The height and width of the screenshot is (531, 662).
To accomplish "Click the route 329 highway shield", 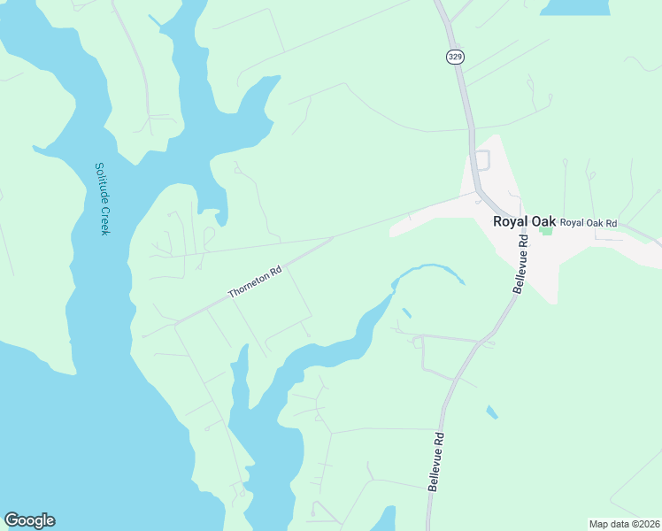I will click(455, 57).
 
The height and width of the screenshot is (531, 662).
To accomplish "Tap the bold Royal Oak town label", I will click(524, 221).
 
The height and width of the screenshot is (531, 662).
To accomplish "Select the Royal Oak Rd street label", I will click(589, 222).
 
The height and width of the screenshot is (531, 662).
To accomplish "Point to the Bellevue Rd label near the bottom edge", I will click(435, 462).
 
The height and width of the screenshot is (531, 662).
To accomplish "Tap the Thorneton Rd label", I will click(254, 282).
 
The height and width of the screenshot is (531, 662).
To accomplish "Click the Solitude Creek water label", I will click(102, 198).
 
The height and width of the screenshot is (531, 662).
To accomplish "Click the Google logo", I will click(29, 520).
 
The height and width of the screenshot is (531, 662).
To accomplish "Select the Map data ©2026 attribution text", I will click(624, 524).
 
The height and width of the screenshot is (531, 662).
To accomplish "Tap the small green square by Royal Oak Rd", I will click(545, 231).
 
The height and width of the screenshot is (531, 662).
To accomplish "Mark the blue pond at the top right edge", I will click(574, 7).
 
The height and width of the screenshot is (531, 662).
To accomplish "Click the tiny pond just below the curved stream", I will click(405, 313).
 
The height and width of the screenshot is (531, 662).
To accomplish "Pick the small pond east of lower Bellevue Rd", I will click(490, 412).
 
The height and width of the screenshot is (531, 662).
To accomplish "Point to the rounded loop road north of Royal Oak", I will click(482, 161).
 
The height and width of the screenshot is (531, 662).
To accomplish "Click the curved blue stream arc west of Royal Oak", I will click(430, 269).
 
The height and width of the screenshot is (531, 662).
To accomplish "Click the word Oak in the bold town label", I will click(543, 221).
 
